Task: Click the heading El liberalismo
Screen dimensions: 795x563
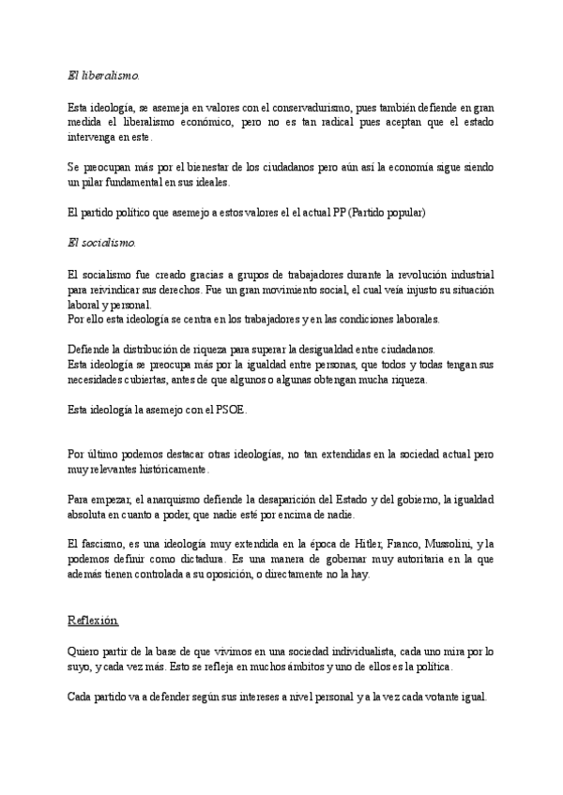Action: tap(104, 74)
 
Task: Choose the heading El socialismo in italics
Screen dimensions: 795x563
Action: tap(102, 242)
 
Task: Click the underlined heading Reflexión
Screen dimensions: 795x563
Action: tap(94, 620)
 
